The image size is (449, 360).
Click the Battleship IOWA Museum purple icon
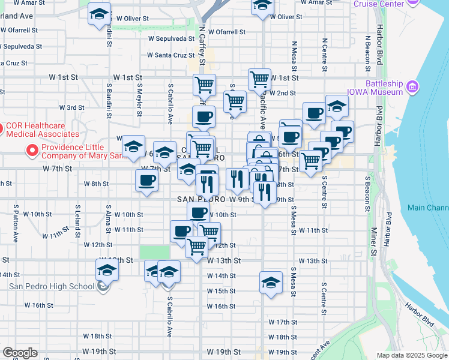412,88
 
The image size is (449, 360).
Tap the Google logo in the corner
20,353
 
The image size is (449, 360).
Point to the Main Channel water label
427,208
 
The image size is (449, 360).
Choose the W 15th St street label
221,291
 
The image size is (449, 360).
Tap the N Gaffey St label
202,46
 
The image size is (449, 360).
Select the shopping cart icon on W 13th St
197,247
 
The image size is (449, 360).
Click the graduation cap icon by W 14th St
271,281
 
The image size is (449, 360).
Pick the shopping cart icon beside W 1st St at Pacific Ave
259,79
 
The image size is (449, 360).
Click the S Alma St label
108,223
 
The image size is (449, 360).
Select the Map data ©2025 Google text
412,355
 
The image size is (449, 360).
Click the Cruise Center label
378,4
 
